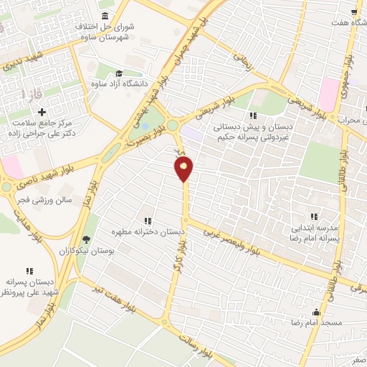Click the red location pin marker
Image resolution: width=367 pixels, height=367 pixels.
pos(184,168)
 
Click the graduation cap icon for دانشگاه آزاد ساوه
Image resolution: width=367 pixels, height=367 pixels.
pos(119,73)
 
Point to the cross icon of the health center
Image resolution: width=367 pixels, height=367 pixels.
pos(42,112)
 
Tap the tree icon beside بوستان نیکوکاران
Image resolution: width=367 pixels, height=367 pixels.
pos(87,240)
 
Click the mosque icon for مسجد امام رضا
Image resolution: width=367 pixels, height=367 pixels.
pos(317,313)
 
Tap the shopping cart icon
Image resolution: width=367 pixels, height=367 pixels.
pos(354,11)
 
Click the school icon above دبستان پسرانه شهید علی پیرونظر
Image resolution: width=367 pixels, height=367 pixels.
pos(29,271)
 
